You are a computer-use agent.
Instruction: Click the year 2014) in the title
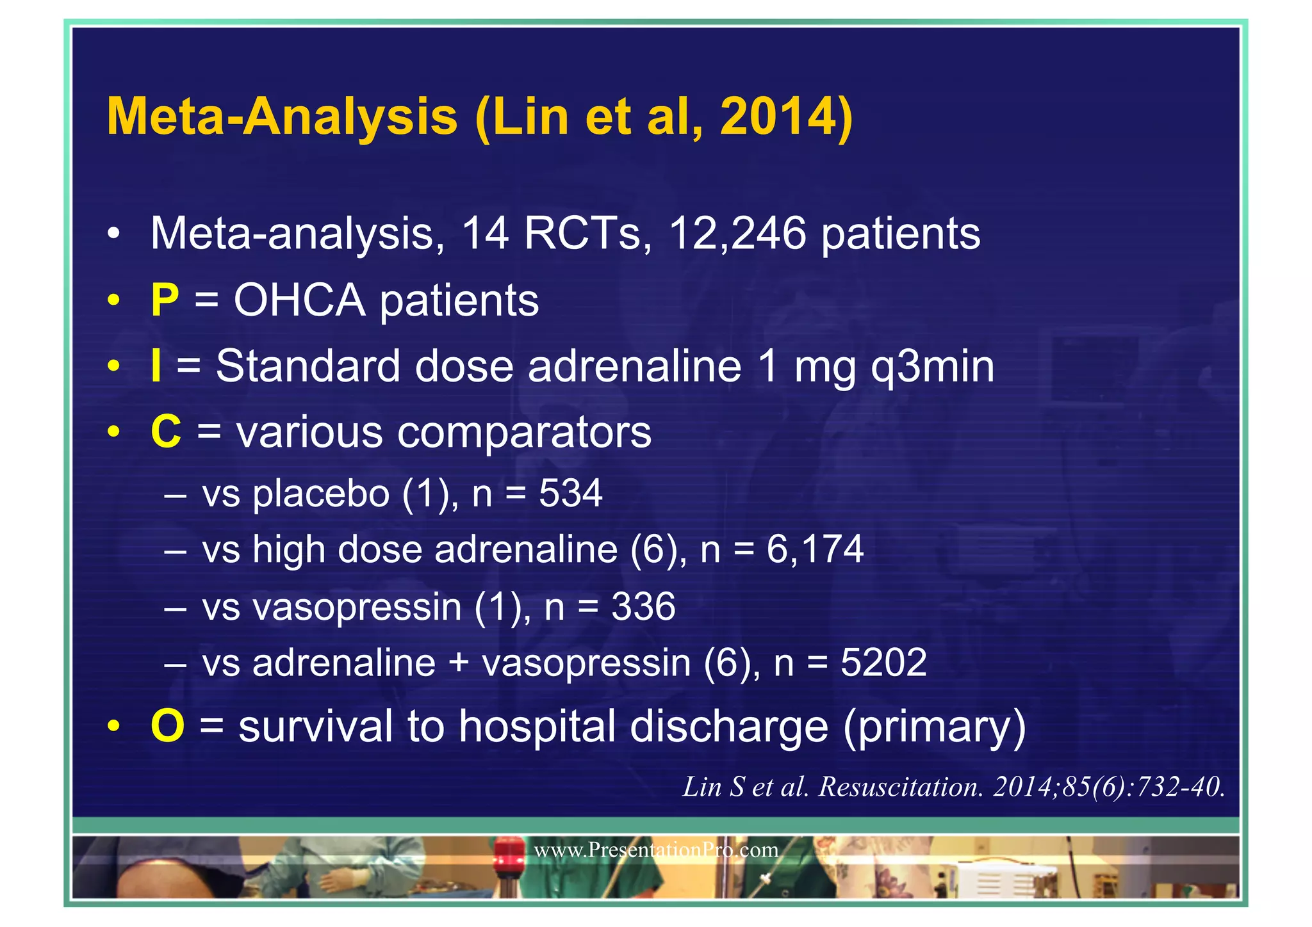pyautogui.click(x=786, y=117)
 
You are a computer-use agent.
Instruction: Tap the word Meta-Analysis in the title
pyautogui.click(x=283, y=117)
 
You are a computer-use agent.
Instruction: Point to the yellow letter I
pyautogui.click(x=156, y=366)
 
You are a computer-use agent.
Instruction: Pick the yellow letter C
pyautogui.click(x=166, y=432)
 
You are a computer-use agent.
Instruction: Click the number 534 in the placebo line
pyautogui.click(x=570, y=494)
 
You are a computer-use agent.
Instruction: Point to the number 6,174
pyautogui.click(x=815, y=549)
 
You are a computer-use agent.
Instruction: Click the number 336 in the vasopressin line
pyautogui.click(x=643, y=606)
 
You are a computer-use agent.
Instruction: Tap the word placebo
pyautogui.click(x=321, y=494)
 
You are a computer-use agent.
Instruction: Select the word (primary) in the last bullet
pyautogui.click(x=934, y=727)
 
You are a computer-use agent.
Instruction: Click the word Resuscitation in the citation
pyautogui.click(x=901, y=787)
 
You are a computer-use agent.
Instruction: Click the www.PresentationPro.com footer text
pyautogui.click(x=656, y=850)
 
